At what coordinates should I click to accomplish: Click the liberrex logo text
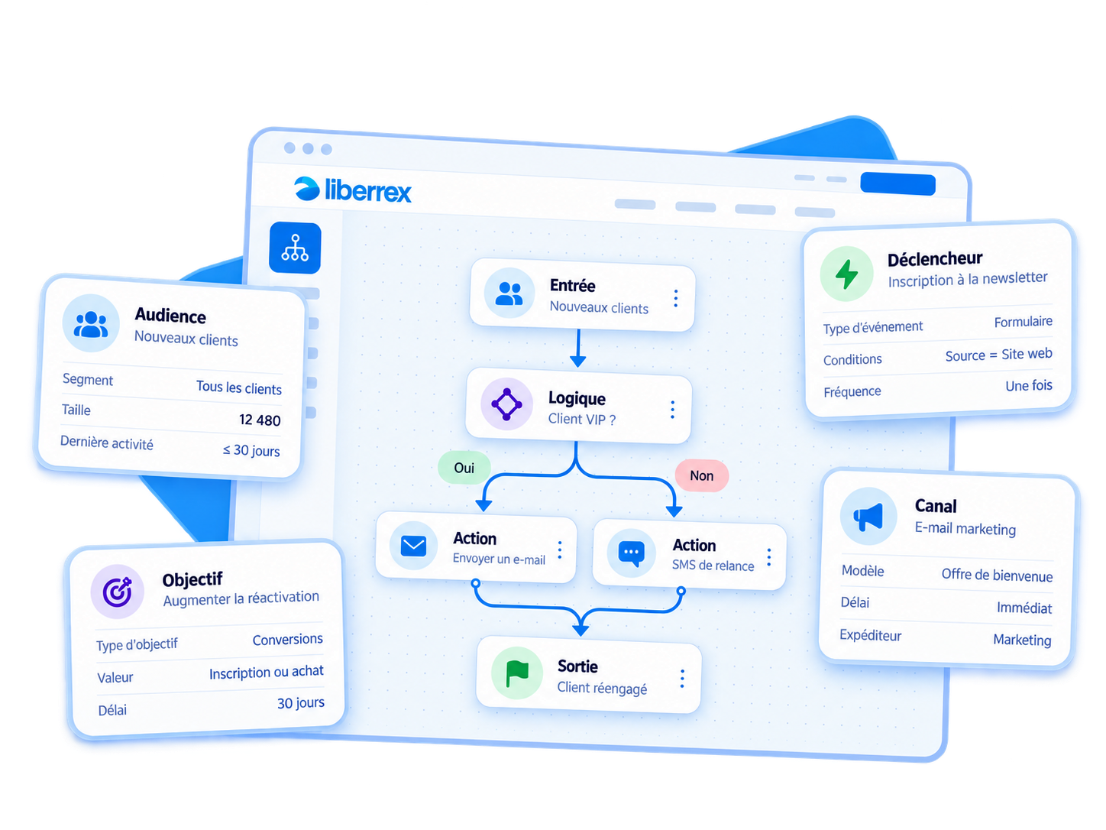[367, 190]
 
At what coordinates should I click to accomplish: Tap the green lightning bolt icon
[846, 274]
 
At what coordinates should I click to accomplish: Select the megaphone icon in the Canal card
[868, 517]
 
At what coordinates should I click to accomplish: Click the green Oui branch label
[464, 468]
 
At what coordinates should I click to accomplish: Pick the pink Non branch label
[701, 475]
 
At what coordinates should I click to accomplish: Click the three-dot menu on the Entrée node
[676, 298]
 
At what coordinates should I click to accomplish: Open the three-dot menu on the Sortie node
[682, 679]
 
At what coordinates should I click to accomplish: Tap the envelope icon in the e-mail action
[413, 546]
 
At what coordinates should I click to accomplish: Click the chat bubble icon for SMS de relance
[631, 553]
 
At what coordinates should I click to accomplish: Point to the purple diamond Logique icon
[506, 404]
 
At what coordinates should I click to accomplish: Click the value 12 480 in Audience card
[260, 420]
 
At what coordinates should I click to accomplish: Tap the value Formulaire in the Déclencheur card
[1023, 322]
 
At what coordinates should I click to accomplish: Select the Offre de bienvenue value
[997, 575]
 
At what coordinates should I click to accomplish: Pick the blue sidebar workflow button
[295, 248]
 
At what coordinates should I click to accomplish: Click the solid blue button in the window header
[897, 183]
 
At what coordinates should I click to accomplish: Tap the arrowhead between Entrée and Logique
[578, 361]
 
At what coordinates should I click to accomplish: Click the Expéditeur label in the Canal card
[870, 635]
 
